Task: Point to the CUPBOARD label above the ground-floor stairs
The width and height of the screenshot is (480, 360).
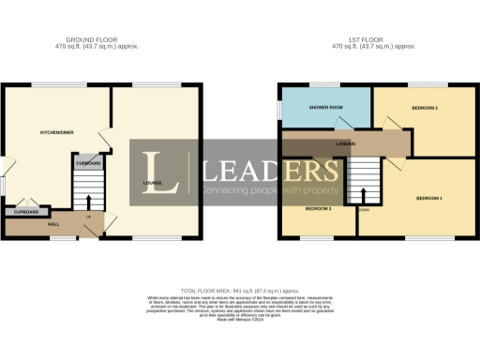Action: coord(88,163)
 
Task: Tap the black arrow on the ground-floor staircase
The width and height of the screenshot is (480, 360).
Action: coord(88,201)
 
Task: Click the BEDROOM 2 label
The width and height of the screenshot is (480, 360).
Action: coord(425,109)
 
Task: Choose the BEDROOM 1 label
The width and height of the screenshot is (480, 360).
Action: coord(429,199)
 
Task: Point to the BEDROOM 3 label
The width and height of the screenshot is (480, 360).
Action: coord(317,207)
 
